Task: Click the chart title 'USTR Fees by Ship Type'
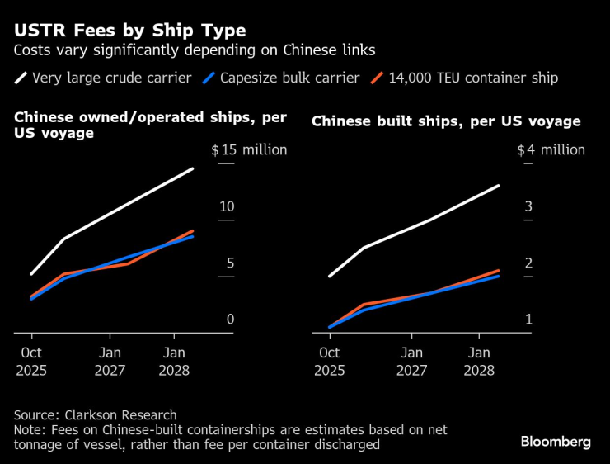coord(129,31)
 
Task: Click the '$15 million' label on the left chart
coord(249,150)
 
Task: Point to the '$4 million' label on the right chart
coord(551,150)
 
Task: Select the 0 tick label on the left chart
coord(231,320)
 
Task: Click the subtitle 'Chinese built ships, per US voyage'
coord(446,121)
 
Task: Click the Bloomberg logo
coord(556,442)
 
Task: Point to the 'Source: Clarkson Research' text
coord(95,414)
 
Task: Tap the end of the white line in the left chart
coord(193,168)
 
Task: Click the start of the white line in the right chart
coord(329,276)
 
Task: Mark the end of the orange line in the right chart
coord(499,270)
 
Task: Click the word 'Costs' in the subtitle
coord(32,51)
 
